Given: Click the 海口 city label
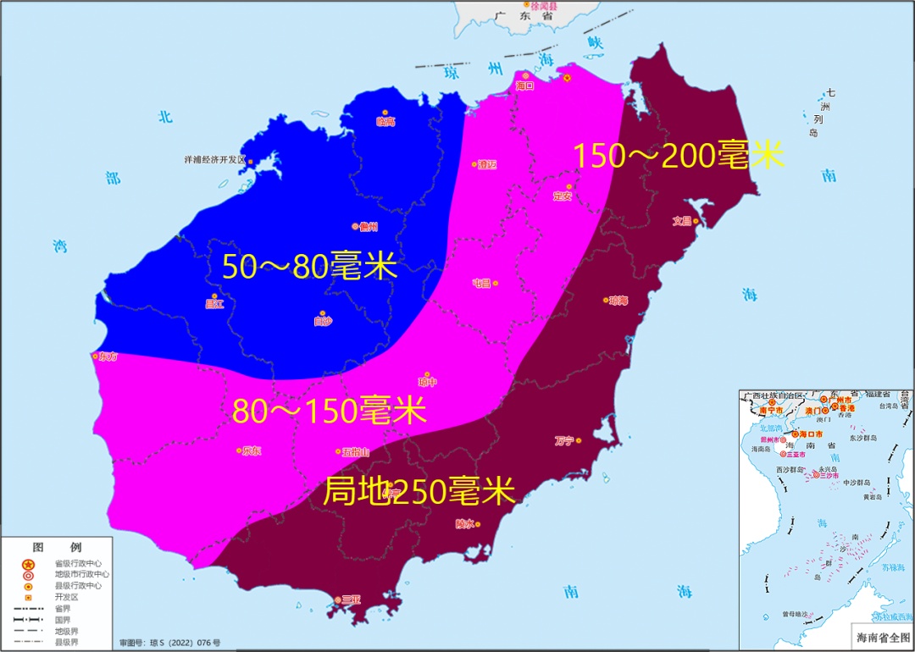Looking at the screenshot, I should pos(524,86).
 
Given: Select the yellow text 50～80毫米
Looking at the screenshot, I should pos(309,266).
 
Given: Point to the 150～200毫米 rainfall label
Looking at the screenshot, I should pos(678,156).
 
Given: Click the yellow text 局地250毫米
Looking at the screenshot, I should pos(419,491).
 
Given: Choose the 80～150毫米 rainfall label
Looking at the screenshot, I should pos(329,412).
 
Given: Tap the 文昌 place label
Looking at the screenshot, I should pos(683,221).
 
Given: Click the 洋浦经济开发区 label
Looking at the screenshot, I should pos(215,159).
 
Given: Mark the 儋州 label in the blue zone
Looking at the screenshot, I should pos(368,226).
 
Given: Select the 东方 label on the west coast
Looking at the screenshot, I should pos(108,356).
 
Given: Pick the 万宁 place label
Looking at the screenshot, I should pos(564,440).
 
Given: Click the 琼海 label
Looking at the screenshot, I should pos(618,301).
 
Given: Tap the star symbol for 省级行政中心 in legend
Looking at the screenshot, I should pos(28,564).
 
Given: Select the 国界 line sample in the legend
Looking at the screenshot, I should pos(28,619).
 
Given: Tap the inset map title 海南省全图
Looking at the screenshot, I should pos(879,636).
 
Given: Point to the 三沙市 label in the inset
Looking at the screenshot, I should pos(828,476).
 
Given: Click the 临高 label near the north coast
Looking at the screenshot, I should pos(385,121).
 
